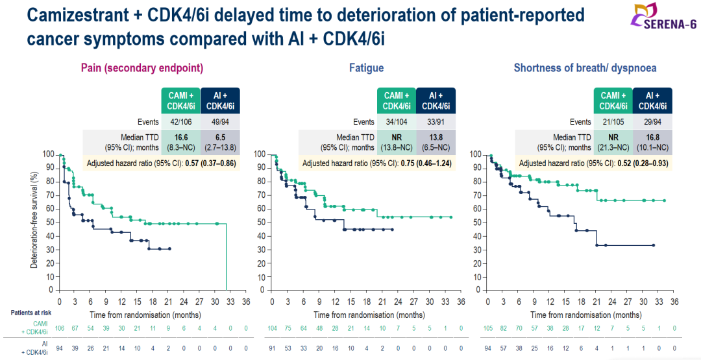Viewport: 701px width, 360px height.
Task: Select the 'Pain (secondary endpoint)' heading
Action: coord(141,67)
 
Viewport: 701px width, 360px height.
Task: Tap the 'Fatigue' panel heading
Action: coord(366,67)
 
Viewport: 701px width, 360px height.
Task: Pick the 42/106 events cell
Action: coord(180,122)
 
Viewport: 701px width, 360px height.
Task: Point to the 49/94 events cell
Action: coord(220,122)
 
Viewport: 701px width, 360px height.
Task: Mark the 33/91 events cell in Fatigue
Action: coord(436,122)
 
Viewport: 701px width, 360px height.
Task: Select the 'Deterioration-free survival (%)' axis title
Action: coord(34,221)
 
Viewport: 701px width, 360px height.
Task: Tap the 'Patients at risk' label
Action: coord(31,313)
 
